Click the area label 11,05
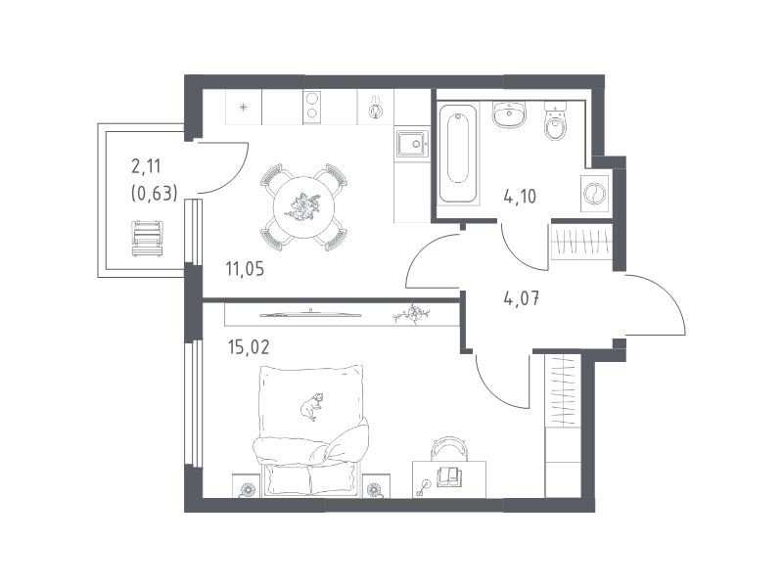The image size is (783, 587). click(245, 270)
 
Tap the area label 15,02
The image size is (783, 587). click(249, 346)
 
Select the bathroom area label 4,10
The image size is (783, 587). click(520, 197)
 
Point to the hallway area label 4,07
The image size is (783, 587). click(522, 299)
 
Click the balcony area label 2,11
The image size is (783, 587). click(146, 166)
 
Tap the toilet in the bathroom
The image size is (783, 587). click(556, 120)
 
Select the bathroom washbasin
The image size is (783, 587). click(509, 114)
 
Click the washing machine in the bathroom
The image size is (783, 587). click(595, 193)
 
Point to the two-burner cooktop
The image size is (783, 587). click(312, 107)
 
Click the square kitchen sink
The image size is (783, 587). click(412, 144)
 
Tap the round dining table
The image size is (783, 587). click(304, 206)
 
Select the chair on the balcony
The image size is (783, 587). click(148, 239)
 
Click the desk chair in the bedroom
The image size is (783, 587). click(449, 448)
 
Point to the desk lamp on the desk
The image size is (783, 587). click(423, 487)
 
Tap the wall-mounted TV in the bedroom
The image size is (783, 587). click(310, 314)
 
